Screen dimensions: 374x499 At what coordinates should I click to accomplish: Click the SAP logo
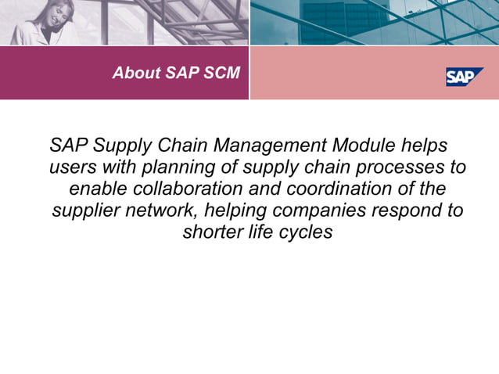click(464, 76)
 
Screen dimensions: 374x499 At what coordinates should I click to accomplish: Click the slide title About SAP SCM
click(176, 74)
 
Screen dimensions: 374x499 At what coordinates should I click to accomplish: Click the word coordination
click(345, 189)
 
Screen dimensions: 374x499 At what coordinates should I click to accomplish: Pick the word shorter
click(212, 232)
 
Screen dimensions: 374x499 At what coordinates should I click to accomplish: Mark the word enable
click(96, 189)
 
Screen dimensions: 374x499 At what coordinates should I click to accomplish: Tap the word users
click(70, 168)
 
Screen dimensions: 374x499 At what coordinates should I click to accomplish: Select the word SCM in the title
click(223, 74)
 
